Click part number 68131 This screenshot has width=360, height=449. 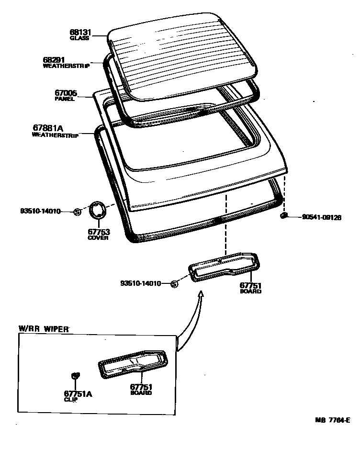pos(79,33)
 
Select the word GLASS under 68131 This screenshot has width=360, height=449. pos(79,38)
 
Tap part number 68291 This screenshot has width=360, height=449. pos(53,60)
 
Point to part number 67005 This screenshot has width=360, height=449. pos(66,94)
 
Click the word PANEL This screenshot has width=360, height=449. pos(65,99)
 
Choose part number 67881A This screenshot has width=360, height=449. pos(48,128)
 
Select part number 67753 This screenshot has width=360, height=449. pos(98,232)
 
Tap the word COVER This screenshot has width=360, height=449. pos(98,238)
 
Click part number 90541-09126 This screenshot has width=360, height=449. pos(321,217)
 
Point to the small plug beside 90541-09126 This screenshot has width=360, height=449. pos(283,216)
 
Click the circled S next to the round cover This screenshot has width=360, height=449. pos(77,212)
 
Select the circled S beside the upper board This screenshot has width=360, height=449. pos(174,284)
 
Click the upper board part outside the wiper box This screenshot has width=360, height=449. pos(225,268)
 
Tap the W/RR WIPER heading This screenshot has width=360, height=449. pos(44,329)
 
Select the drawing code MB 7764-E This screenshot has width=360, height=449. pos(333,420)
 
